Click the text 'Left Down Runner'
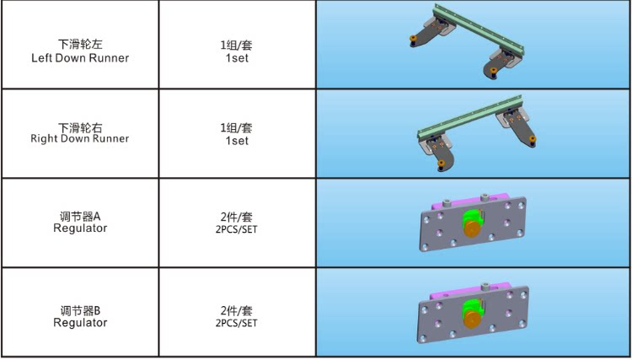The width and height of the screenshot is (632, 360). pos(80,58)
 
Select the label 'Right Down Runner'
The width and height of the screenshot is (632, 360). pos(80,138)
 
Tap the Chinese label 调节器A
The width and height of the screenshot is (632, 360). pos(80,217)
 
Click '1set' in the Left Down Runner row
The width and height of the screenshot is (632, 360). pos(237,58)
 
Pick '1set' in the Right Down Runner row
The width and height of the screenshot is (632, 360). pos(237,141)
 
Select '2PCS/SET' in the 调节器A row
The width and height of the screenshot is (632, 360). pos(236,230)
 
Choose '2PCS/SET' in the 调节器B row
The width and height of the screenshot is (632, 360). pos(236,323)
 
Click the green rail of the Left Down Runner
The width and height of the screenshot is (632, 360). pos(479,29)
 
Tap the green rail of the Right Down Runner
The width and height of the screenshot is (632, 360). pos(470,116)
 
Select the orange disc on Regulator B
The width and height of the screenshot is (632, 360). pos(472,320)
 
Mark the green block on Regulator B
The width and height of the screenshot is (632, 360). pos(471,307)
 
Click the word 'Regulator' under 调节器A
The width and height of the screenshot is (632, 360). pos(80,228)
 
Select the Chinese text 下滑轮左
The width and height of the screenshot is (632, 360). pos(80,44)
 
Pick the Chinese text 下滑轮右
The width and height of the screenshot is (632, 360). pos(80,128)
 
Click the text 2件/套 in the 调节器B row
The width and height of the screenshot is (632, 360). pos(236,310)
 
